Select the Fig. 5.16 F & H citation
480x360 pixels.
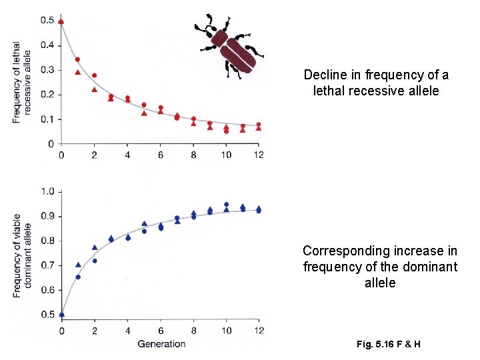pos(388,344)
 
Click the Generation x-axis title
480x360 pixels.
pos(161,343)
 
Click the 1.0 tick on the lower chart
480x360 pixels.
pos(47,192)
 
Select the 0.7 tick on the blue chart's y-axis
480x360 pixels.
pos(47,265)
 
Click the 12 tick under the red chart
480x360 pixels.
pos(259,155)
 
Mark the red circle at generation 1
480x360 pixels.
pos(78,59)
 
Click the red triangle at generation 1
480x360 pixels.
pos(78,72)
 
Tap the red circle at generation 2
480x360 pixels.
pos(95,75)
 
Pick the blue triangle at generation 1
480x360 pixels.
pos(78,265)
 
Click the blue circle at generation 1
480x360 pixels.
pos(78,277)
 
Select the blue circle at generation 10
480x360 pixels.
pos(227,205)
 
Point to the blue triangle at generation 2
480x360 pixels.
pos(95,247)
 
